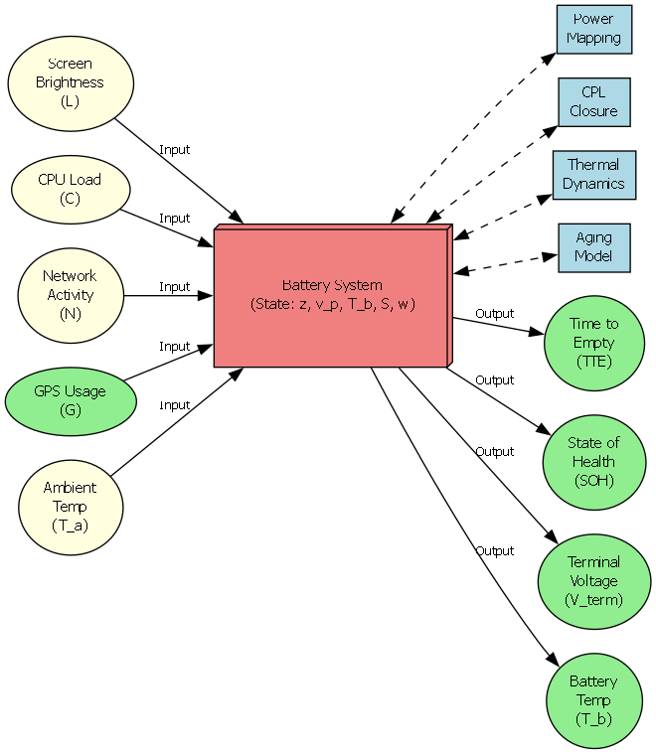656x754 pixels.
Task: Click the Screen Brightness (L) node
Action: (x=70, y=82)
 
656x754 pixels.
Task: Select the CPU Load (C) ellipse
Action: (x=70, y=189)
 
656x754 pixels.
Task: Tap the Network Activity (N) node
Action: (x=70, y=295)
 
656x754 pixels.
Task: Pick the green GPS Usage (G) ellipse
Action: (x=70, y=400)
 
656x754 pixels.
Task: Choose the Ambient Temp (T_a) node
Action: (x=70, y=507)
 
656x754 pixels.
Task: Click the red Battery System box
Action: (x=330, y=296)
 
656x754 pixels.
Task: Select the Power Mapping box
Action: (x=594, y=29)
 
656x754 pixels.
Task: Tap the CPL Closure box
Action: (x=594, y=102)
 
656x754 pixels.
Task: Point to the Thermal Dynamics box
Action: (x=593, y=175)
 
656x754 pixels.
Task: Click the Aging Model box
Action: (x=593, y=247)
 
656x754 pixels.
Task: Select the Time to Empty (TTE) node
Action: (x=593, y=343)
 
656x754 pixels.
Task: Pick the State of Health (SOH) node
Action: (x=592, y=462)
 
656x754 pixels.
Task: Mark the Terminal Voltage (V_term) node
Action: (x=592, y=581)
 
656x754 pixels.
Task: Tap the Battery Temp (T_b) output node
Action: (x=592, y=700)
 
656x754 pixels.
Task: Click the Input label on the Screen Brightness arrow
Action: (x=174, y=150)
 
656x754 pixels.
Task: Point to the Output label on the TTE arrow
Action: (x=494, y=314)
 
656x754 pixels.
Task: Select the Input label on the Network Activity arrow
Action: (x=174, y=286)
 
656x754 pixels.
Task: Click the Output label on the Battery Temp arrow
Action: (x=494, y=551)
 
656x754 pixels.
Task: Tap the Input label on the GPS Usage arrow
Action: (x=174, y=347)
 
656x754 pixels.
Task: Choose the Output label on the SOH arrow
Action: (x=494, y=380)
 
